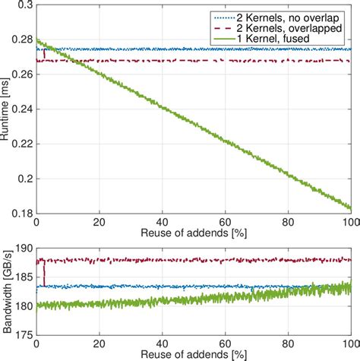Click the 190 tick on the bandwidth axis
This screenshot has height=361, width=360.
(23, 248)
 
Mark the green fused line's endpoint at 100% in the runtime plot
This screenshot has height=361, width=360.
(350, 207)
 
